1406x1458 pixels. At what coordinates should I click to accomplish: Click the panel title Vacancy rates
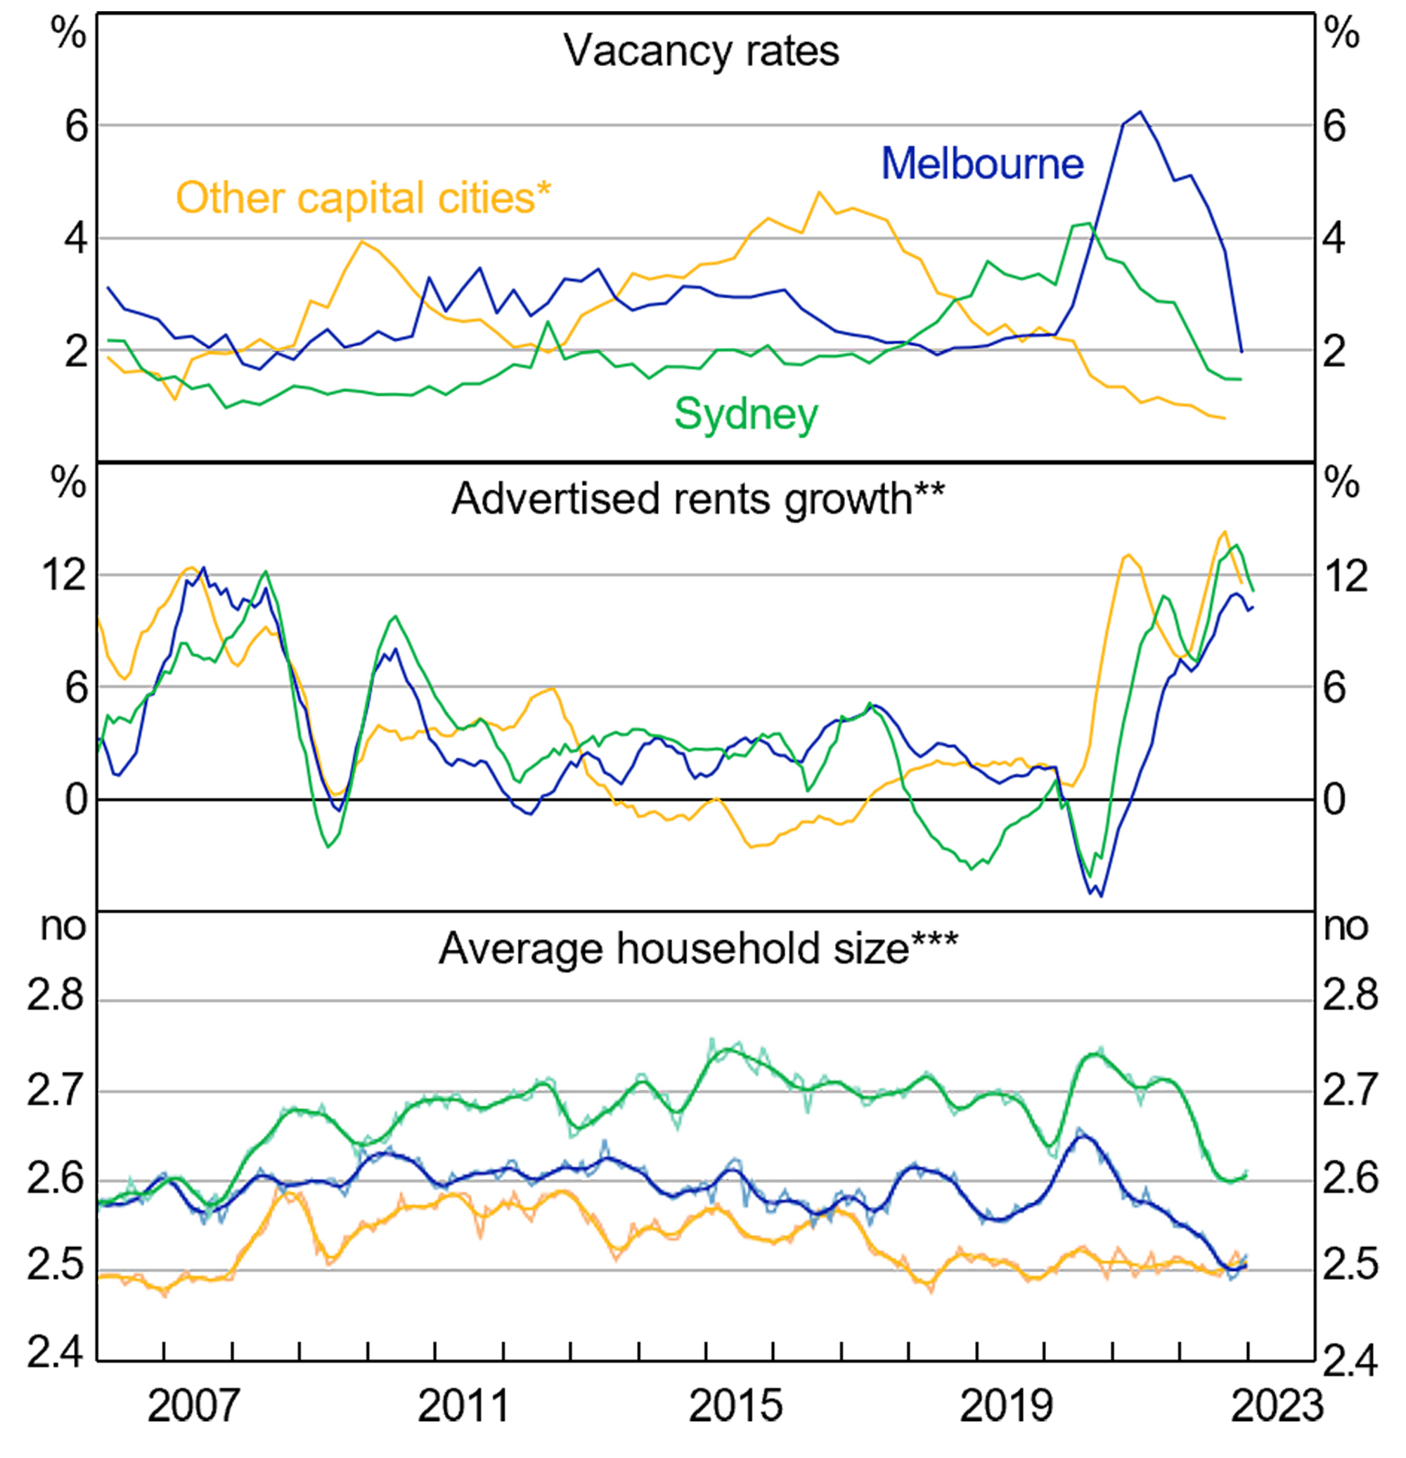[701, 51]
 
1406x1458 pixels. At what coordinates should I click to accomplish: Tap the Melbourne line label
[982, 164]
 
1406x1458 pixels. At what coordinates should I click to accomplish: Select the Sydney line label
[745, 414]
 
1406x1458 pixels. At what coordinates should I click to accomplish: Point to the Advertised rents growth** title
[698, 499]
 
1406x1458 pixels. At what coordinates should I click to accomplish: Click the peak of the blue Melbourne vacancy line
[1139, 112]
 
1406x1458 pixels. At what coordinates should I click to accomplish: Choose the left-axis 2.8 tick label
[56, 995]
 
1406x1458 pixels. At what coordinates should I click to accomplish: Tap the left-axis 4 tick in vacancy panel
[76, 239]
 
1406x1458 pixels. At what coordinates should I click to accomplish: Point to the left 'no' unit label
[63, 927]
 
